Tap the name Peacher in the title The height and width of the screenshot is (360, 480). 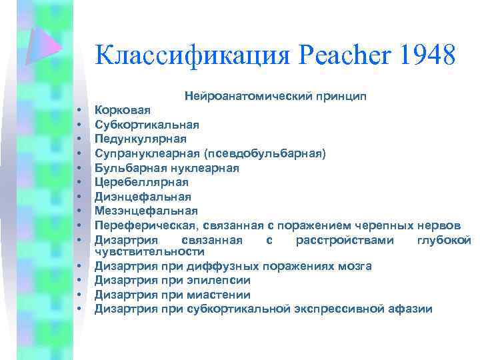(x=343, y=55)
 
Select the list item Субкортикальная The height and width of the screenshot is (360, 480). (x=146, y=124)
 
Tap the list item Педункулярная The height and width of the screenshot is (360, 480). (x=140, y=139)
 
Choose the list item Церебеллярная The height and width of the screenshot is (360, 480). (x=141, y=182)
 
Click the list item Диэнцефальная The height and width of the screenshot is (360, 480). (x=143, y=197)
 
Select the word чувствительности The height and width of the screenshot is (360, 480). (x=149, y=251)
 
